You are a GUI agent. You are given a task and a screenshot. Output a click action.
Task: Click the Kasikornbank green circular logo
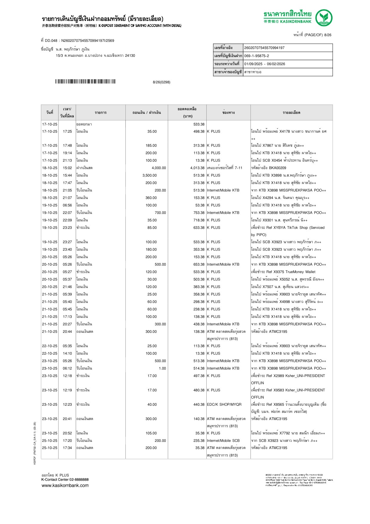(324, 18)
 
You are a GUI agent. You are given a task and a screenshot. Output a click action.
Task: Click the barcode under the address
(85, 82)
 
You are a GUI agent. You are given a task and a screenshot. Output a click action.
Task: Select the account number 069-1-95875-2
(257, 56)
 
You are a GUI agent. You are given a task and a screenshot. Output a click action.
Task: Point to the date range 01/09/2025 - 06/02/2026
(264, 64)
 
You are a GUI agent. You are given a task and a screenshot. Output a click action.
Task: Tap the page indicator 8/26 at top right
(328, 35)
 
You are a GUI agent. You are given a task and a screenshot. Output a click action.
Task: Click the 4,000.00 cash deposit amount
(159, 168)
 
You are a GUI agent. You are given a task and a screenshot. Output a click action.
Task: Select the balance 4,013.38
(197, 168)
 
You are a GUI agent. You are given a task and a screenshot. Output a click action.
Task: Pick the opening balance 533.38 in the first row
(199, 124)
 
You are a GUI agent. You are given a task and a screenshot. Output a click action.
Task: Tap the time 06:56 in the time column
(67, 205)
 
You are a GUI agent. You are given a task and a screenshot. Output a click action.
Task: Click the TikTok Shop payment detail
(288, 228)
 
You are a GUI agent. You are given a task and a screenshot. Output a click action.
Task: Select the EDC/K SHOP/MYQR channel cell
(224, 405)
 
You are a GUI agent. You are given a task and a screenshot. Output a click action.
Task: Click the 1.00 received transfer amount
(162, 368)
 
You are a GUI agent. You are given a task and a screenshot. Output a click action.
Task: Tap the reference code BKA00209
(277, 168)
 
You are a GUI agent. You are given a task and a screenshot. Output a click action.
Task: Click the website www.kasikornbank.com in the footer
(65, 485)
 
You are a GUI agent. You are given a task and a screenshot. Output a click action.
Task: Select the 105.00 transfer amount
(151, 433)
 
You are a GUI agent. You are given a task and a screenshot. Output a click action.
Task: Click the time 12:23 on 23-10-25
(67, 405)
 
